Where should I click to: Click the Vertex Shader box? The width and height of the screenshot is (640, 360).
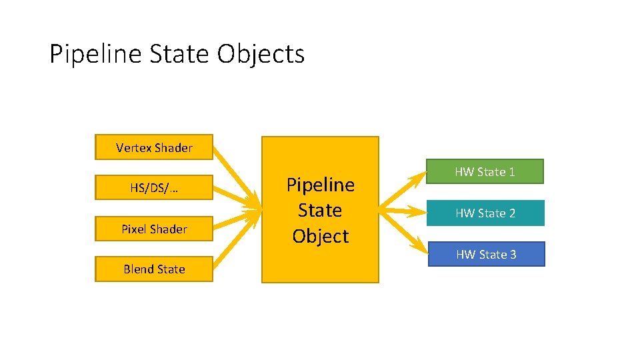[x=154, y=147]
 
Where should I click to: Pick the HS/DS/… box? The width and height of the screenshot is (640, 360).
[x=154, y=188]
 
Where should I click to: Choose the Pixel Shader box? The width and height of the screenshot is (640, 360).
[x=154, y=229]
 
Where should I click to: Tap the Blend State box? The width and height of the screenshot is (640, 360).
[x=154, y=269]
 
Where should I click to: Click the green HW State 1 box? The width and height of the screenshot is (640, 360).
[x=485, y=171]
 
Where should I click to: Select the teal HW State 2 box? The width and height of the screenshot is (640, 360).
[x=485, y=213]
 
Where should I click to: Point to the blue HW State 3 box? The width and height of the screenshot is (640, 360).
[x=485, y=254]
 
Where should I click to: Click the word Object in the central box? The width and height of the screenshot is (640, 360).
[x=320, y=236]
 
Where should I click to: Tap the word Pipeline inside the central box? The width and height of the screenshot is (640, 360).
[x=320, y=185]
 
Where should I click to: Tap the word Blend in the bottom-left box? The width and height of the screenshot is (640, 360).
[x=138, y=269]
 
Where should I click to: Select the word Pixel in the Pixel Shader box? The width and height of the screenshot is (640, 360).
[x=134, y=229]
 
